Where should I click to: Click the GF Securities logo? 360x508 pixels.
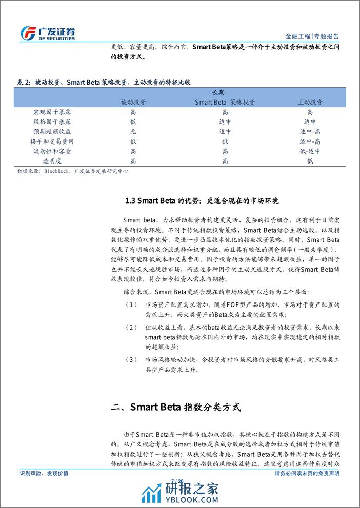click(x=47, y=32)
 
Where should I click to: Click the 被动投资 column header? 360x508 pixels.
click(x=133, y=102)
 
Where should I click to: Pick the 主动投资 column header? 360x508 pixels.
click(x=310, y=102)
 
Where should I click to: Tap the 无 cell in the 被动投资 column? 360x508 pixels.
click(x=133, y=131)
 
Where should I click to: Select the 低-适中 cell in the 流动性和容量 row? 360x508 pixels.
click(x=310, y=151)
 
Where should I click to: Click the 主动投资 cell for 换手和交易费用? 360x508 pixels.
click(x=310, y=141)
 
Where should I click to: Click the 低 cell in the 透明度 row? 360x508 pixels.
click(x=310, y=161)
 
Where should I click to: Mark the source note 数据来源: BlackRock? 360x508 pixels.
click(x=72, y=171)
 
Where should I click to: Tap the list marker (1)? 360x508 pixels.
click(x=131, y=305)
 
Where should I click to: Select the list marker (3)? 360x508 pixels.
click(x=131, y=359)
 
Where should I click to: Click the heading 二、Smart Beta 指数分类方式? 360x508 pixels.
click(x=176, y=408)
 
